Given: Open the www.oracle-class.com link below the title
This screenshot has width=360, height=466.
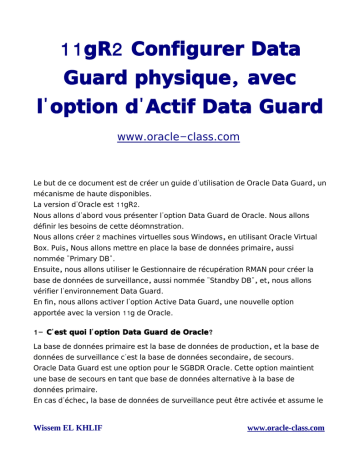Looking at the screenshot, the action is (x=179, y=135).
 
